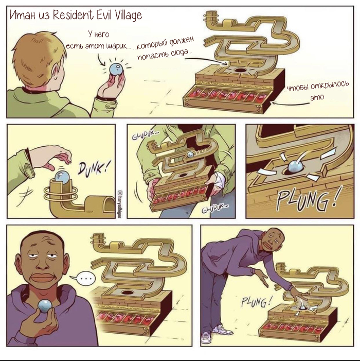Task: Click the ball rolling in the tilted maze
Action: pyautogui.click(x=191, y=154)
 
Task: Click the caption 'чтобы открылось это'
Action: pyautogui.click(x=318, y=90)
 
